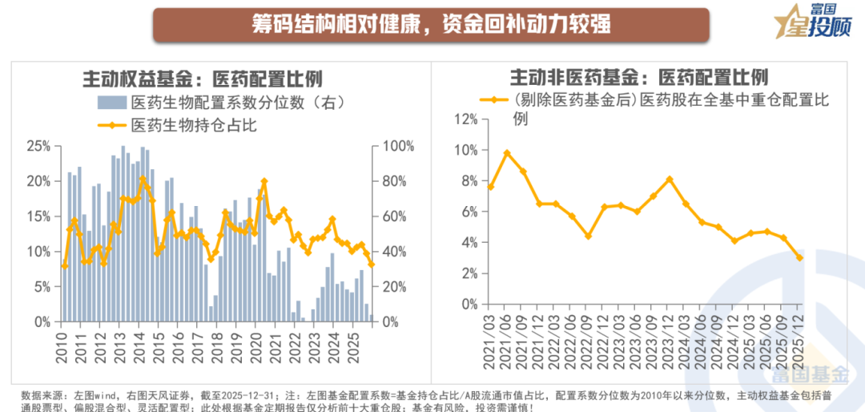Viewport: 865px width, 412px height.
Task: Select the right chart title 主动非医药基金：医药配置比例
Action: coord(639,77)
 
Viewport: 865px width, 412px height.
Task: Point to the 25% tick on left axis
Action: coord(38,146)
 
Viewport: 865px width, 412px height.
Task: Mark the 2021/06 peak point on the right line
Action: coord(506,153)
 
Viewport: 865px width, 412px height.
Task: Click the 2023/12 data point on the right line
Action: coord(670,180)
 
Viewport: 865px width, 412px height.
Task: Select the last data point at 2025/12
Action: coord(799,257)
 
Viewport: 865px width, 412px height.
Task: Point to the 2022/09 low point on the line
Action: coord(588,236)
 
